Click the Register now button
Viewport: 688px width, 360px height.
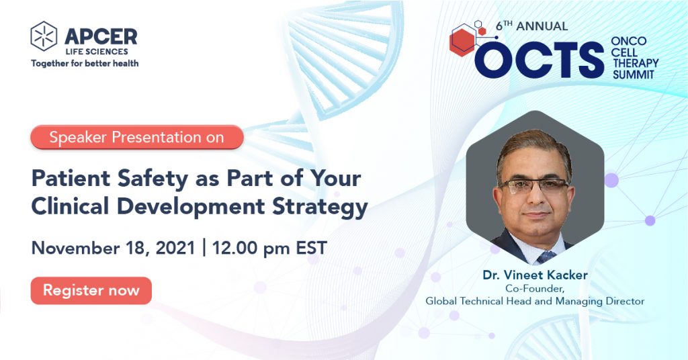click(x=91, y=290)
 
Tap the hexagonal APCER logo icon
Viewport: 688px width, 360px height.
click(x=44, y=36)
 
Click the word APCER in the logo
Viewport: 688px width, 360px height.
click(x=101, y=37)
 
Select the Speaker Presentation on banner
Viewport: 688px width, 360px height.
click(x=136, y=137)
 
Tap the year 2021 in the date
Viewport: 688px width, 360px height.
click(x=175, y=249)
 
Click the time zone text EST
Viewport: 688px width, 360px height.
click(x=312, y=249)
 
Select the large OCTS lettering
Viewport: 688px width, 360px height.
click(x=540, y=60)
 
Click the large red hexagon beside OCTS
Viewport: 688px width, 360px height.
click(x=462, y=42)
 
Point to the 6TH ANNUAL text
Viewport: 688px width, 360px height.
click(x=532, y=26)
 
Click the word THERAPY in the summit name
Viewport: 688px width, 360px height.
click(x=636, y=63)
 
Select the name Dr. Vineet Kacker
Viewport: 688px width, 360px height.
click(x=535, y=275)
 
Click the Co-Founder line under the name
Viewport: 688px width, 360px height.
click(x=534, y=289)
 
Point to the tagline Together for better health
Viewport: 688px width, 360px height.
click(x=85, y=64)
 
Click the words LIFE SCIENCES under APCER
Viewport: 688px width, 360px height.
click(x=97, y=52)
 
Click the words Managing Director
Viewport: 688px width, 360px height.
click(x=600, y=302)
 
